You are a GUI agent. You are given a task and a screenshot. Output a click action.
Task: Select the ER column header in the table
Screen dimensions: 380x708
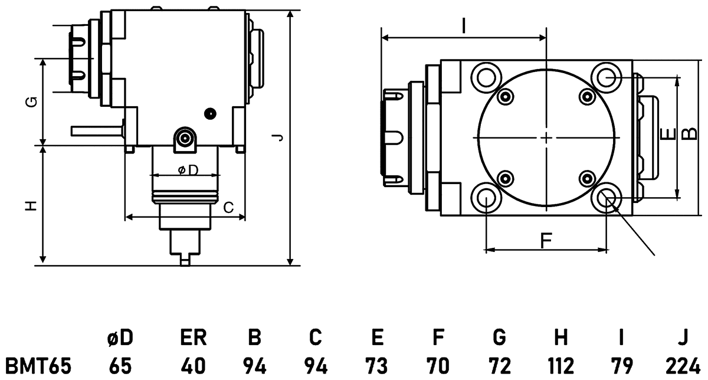point(193,338)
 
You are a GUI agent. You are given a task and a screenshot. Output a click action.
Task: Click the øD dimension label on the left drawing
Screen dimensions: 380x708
point(187,170)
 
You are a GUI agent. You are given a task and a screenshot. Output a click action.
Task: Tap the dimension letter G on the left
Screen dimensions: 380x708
point(34,101)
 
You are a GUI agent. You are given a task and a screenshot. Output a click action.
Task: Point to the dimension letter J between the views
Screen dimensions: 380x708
point(279,137)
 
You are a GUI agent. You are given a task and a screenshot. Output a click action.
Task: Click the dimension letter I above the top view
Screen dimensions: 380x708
point(464,25)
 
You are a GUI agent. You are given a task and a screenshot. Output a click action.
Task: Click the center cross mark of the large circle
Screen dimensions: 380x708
point(546,137)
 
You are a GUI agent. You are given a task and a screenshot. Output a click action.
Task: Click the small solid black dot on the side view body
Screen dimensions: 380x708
point(208,112)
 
